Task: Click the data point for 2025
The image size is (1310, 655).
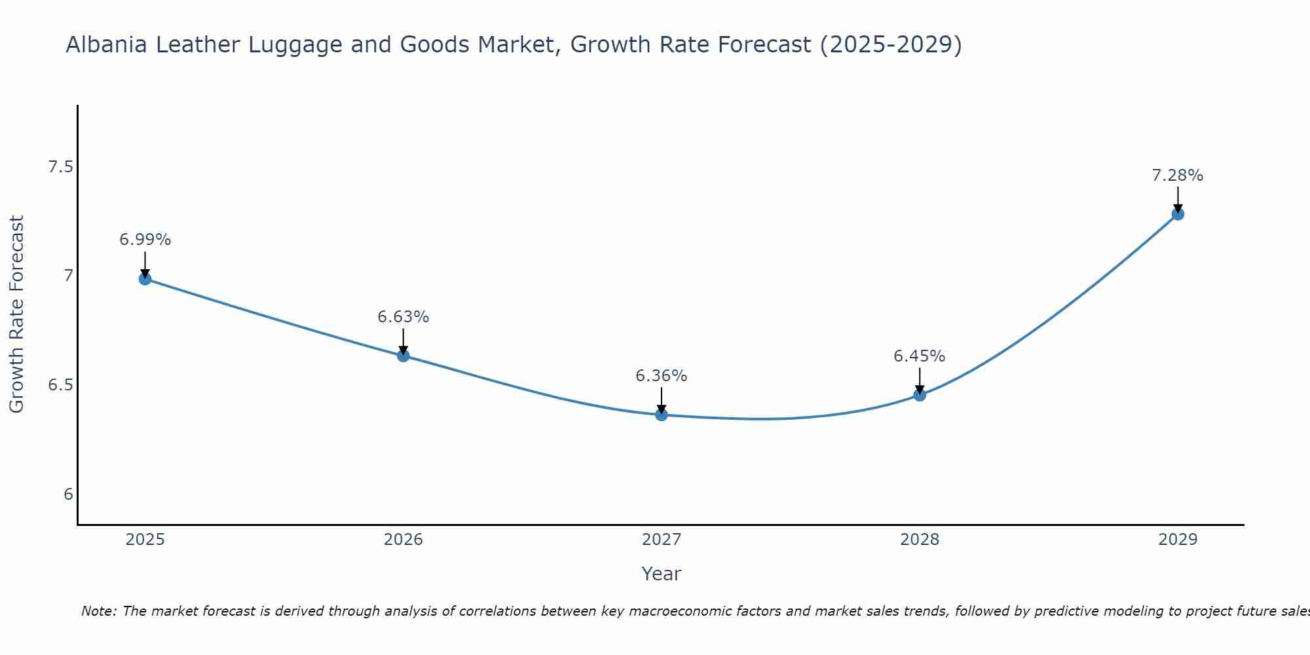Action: [x=145, y=278]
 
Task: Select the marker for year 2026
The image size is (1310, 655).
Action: [x=403, y=356]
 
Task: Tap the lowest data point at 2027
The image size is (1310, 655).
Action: [x=661, y=415]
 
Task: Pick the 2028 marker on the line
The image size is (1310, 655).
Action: [x=919, y=395]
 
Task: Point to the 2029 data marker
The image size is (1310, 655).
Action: [x=1177, y=214]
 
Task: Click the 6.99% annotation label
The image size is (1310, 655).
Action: [x=145, y=240]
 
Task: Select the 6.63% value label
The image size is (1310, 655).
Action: [x=403, y=317]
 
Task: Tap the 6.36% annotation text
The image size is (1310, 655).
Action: [x=661, y=376]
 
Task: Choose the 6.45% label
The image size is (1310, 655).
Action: [x=919, y=356]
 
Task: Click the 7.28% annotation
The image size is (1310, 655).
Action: [x=1177, y=176]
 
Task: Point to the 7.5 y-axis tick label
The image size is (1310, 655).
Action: [x=60, y=167]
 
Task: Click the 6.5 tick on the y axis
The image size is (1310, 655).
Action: [x=60, y=384]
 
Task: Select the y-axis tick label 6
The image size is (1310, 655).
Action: [x=68, y=494]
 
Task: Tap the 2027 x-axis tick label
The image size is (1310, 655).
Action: [x=661, y=540]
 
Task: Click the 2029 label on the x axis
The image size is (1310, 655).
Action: [x=1177, y=540]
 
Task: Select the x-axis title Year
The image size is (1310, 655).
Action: [x=661, y=574]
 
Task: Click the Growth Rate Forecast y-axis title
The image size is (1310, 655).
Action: [x=16, y=314]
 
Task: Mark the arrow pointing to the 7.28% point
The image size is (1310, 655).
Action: [x=1177, y=199]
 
